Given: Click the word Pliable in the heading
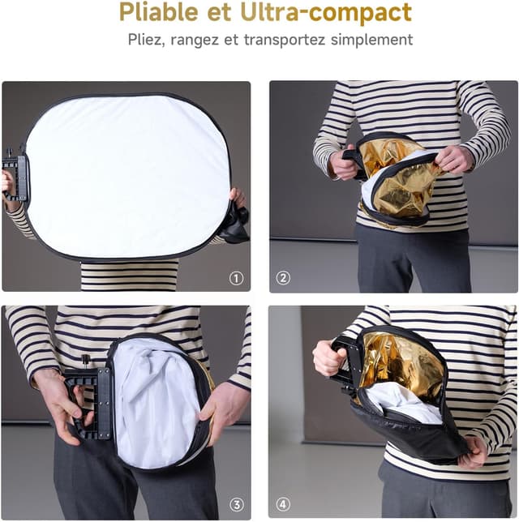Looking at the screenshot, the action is click(159, 13).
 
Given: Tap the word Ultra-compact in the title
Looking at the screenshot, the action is click(326, 12).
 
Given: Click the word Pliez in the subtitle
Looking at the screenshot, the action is click(147, 40).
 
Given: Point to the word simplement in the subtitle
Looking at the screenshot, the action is click(371, 40).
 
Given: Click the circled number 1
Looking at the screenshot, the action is click(236, 278).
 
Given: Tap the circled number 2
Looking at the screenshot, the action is click(283, 278).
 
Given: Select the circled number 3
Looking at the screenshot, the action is click(237, 504).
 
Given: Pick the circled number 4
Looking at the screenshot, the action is click(283, 504).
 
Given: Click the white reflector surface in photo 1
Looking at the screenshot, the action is click(127, 177).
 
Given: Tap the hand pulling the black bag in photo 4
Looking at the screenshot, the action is click(473, 451).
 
